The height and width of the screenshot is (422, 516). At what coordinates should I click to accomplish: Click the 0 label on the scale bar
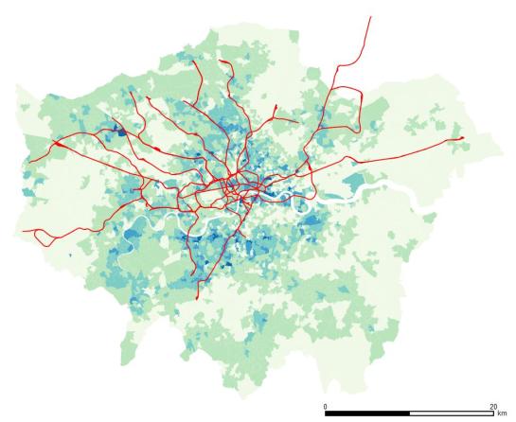pyautogui.click(x=326, y=405)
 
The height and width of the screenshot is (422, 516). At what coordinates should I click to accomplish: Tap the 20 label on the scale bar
pyautogui.click(x=492, y=405)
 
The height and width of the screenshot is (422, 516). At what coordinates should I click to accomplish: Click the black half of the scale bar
pyautogui.click(x=367, y=413)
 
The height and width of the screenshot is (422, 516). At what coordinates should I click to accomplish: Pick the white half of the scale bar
pyautogui.click(x=451, y=413)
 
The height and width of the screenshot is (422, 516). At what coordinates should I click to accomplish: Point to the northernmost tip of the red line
pyautogui.click(x=370, y=16)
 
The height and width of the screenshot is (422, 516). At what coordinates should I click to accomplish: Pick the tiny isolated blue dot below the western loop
pyautogui.click(x=70, y=256)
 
